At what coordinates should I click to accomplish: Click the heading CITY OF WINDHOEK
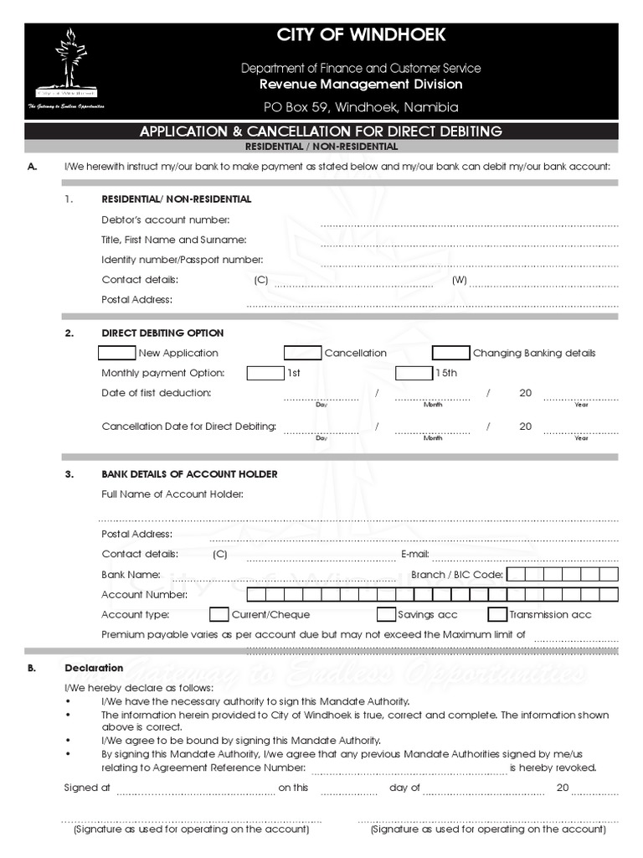coord(362,35)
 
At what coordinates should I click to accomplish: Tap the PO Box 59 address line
coord(362,107)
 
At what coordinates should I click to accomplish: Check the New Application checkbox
coord(116,353)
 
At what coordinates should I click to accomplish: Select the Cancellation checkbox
coord(302,353)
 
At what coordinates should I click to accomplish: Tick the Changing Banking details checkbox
coord(450,353)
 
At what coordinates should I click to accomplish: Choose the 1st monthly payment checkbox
coord(265,373)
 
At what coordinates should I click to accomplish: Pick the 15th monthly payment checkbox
coord(414,373)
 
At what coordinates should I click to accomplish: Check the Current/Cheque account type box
coord(219,614)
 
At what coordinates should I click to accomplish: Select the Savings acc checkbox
coord(386,614)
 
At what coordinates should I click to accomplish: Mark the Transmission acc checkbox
coord(497,614)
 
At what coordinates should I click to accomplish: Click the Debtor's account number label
coord(165,220)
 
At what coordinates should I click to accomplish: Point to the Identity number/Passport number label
coord(183,260)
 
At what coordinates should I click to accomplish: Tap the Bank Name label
coord(131,575)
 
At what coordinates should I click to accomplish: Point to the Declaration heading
coord(94,668)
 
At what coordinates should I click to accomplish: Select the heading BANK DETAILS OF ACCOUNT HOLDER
coord(189,474)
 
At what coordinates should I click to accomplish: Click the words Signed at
coord(87,788)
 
